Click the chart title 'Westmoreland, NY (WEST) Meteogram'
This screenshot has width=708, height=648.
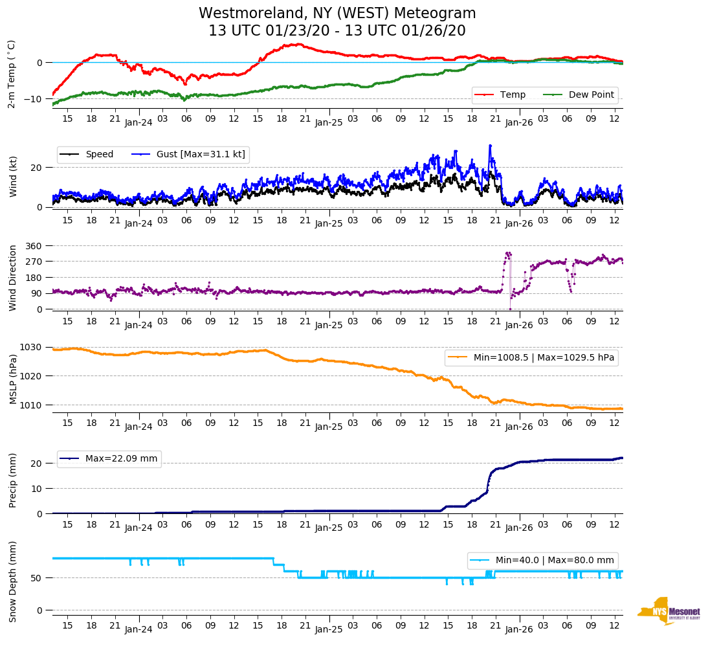pos(337,14)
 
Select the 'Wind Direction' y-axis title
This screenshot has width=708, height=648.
pos(12,278)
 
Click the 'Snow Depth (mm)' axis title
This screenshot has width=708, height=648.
pos(12,581)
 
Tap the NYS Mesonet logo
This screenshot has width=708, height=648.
pos(669,611)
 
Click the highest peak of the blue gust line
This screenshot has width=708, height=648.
pos(490,146)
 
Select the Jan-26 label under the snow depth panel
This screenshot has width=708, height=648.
pos(519,629)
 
